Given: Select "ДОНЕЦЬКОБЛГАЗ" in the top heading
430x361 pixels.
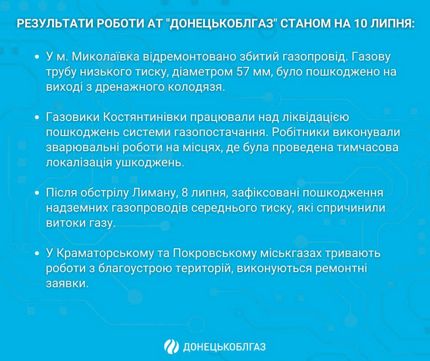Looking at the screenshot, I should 220,24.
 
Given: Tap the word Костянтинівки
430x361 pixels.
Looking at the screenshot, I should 143,118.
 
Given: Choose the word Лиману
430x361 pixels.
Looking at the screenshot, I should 149,193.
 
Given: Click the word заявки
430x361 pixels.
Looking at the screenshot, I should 66,284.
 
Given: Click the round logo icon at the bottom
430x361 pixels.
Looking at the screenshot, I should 172,347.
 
